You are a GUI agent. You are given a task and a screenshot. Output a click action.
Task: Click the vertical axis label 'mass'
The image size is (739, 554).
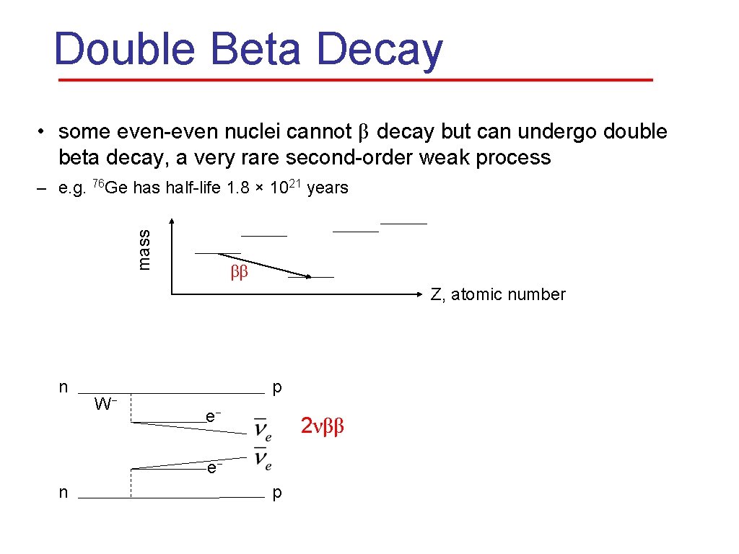point(144,249)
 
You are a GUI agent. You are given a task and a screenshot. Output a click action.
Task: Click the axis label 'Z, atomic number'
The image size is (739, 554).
point(498,294)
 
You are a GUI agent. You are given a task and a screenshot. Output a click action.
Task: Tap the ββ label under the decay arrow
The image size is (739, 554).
point(239,273)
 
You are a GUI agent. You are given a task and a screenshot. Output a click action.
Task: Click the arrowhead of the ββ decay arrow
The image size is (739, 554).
point(307,276)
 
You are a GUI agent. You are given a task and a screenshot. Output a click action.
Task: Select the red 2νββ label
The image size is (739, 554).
point(323,426)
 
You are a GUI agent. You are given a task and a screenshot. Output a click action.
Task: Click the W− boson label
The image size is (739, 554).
point(106,403)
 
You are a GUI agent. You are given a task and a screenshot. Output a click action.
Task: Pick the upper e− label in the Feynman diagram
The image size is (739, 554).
point(212,416)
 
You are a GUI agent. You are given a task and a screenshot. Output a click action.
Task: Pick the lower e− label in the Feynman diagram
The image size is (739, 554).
point(212,468)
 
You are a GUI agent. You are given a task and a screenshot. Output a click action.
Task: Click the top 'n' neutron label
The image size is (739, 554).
point(64,387)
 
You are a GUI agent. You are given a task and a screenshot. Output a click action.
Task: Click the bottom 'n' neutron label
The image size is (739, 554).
point(64,493)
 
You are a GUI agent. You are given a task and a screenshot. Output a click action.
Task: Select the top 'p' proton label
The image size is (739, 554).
point(277,388)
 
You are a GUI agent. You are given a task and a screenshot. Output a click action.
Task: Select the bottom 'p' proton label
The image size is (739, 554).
point(277,493)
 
